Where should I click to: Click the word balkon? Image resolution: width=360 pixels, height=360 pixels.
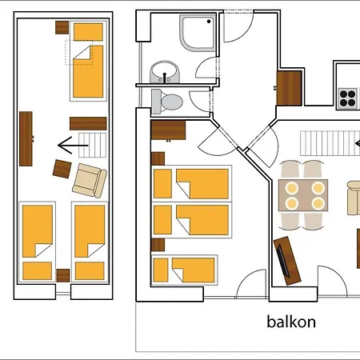coord(291,322)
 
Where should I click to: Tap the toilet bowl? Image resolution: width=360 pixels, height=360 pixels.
coord(167,102)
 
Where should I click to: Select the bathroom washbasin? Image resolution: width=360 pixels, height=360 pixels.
coord(165,72)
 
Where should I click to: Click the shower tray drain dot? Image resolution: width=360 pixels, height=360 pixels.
coord(209,22)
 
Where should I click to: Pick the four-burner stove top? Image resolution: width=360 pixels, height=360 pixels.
coord(348,98)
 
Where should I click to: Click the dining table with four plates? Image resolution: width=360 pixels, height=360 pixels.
coord(303,195)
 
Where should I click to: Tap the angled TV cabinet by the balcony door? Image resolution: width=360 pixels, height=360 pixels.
coord(287,261)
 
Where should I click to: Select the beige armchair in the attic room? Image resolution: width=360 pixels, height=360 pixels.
coord(90,181)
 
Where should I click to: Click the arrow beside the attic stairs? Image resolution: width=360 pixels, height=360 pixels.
coord(73,146)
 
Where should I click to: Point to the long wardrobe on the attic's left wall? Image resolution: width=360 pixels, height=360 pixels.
coord(26,138)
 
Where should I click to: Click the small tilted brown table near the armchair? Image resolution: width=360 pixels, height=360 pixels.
coord(62,169)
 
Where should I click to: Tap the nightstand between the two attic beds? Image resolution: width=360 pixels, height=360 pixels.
coord(63,275)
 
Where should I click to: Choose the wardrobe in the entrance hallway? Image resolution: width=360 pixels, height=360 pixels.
coord(289,88)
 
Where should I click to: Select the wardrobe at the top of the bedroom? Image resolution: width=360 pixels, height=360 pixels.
coord(168,130)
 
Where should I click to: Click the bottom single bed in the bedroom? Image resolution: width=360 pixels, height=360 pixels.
coord(184,270)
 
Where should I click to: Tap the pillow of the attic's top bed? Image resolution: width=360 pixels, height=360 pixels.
coord(88,32)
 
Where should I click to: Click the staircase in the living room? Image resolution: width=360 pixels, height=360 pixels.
coord(330,143)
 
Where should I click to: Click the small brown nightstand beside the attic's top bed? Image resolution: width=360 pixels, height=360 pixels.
coord(62,27)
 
